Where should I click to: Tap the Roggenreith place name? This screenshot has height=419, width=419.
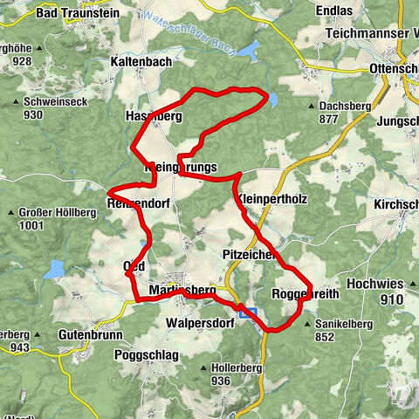click(299, 293)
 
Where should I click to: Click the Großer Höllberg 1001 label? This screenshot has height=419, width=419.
click(45, 218)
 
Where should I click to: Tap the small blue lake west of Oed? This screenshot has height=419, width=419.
click(55, 267)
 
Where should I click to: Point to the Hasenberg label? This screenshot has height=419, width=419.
click(153, 115)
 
